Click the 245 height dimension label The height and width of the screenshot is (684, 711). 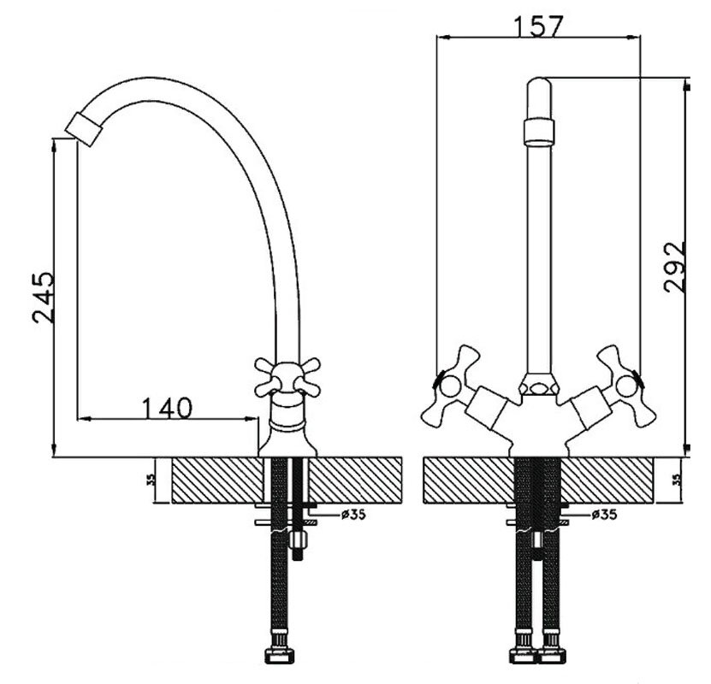point(44,298)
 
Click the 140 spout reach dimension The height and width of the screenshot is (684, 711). point(168,408)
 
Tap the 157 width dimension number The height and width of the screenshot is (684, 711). point(538,26)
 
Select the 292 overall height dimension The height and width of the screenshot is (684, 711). point(674,268)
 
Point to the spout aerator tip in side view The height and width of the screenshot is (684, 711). point(84,129)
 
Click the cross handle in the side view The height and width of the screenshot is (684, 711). point(287,377)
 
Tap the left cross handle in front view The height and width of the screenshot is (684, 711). point(450,386)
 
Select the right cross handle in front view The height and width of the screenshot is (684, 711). point(626,386)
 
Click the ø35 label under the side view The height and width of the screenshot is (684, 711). point(353,514)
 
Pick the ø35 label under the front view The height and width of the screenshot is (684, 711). point(604,514)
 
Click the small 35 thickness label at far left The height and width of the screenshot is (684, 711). point(152,480)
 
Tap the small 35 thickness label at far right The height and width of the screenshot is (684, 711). point(677,480)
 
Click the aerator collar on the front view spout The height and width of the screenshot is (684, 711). point(539,132)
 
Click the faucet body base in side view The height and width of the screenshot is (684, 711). point(287,442)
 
